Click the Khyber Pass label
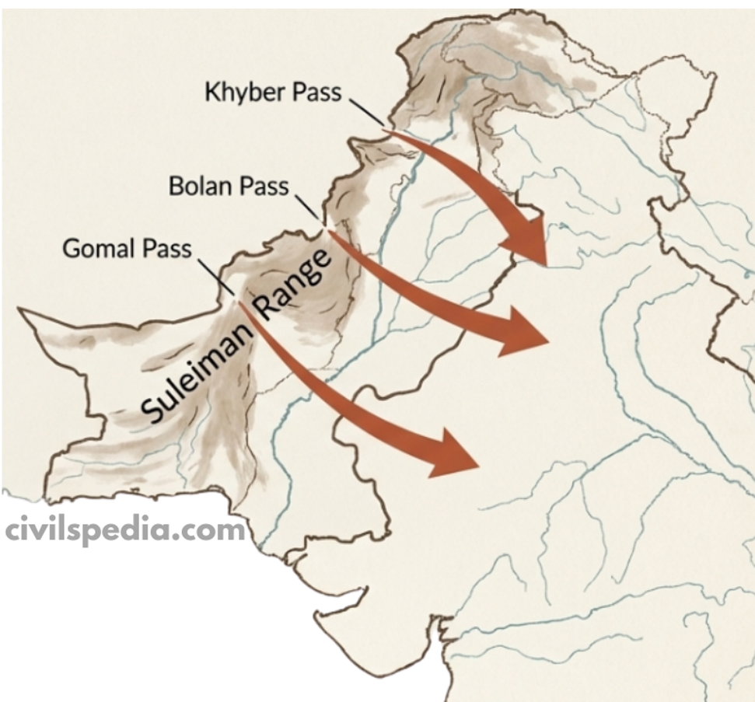coord(273,92)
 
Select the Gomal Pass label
coord(127,250)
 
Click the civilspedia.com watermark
coord(124,531)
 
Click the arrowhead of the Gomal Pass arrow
coord(454,456)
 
